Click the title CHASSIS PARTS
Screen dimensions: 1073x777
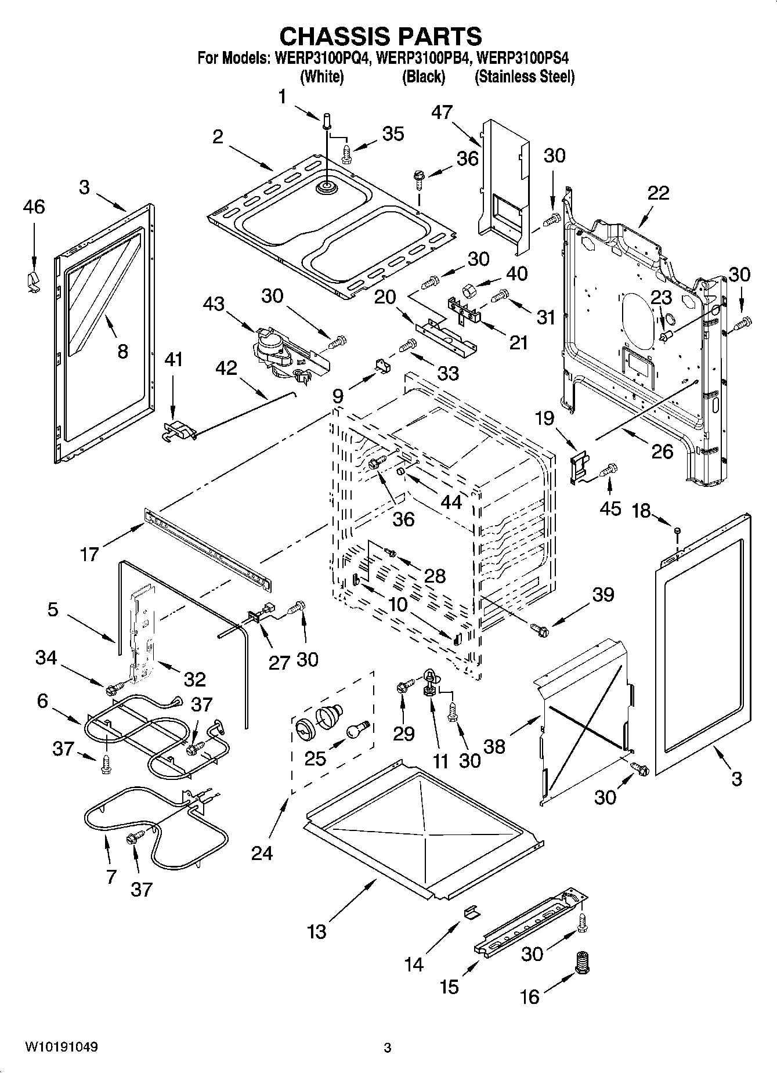(381, 36)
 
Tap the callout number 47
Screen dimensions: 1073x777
(442, 112)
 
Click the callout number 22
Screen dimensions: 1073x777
(658, 193)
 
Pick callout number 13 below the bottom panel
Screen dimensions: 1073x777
(317, 933)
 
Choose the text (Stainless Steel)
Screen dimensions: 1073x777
(525, 77)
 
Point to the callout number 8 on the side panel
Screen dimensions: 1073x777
(122, 352)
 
